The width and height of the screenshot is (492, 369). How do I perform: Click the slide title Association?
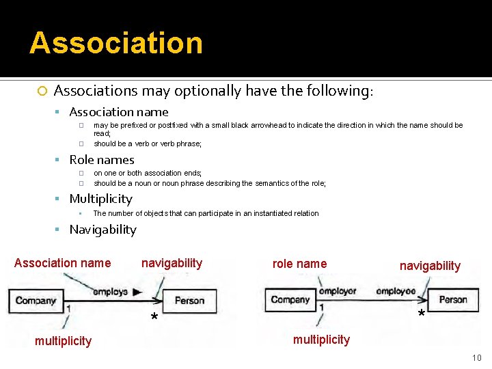click(116, 42)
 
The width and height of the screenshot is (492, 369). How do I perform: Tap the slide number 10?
click(476, 358)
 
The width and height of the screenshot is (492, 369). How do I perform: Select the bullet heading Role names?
click(102, 160)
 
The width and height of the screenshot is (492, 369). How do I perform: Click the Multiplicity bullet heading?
click(100, 199)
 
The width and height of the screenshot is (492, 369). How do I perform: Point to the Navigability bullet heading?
click(102, 230)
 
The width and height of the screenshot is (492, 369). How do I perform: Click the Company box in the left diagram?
click(35, 301)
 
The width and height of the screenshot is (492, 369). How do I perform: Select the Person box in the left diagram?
click(189, 301)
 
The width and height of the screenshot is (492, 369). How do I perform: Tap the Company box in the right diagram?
click(290, 299)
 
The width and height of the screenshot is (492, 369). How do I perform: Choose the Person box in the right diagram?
click(452, 299)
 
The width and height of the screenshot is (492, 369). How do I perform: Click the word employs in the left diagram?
click(110, 292)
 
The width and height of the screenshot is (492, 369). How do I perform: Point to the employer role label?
click(338, 291)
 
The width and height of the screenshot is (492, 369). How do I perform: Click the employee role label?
click(396, 291)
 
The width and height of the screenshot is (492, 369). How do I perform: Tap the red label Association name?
click(62, 263)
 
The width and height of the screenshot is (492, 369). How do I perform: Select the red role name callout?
click(299, 263)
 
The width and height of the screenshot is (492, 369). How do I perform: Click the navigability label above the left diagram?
click(172, 263)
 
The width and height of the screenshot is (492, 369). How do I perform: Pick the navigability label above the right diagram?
click(430, 266)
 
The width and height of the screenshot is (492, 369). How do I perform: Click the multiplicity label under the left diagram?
click(63, 341)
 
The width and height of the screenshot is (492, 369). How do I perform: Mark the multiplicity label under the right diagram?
click(321, 340)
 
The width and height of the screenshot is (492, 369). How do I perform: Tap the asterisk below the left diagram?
click(154, 318)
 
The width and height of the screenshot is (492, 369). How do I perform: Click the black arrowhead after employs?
click(137, 292)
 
